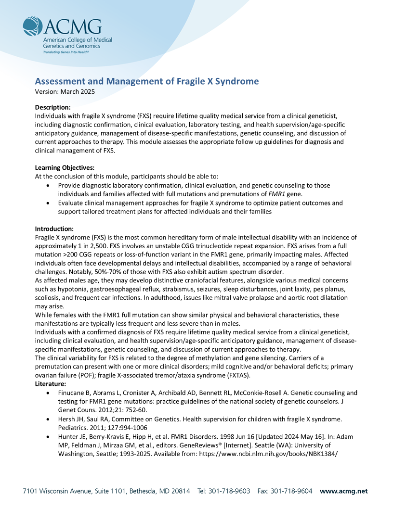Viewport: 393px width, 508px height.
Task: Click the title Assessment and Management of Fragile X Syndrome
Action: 146,81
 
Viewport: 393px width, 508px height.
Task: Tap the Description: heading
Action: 53,107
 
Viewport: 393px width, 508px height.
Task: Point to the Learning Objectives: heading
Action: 65,167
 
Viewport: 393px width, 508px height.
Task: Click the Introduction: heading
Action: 54,229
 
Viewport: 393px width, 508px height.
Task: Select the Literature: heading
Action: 52,383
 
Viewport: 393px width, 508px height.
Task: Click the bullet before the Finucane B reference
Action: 47,393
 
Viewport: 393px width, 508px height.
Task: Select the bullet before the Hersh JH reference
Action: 47,419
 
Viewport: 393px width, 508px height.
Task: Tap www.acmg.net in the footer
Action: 343,491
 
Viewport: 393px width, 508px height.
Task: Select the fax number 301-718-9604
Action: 290,491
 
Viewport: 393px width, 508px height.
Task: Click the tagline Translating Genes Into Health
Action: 66,51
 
